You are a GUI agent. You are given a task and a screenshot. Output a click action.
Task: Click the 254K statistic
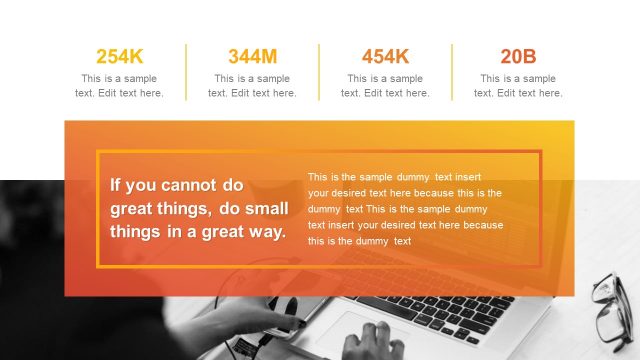tap(119, 56)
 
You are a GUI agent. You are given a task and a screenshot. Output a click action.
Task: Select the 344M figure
tap(252, 56)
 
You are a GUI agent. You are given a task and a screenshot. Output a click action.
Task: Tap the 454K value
tap(385, 56)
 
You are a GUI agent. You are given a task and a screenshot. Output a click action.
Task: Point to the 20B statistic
tap(518, 56)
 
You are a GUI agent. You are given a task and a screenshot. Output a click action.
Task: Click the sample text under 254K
tap(119, 86)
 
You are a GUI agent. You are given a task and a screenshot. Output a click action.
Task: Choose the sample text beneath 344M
tap(252, 86)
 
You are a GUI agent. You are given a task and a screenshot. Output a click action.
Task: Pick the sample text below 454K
tap(385, 86)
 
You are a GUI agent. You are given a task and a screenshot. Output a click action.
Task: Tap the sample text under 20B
tap(518, 86)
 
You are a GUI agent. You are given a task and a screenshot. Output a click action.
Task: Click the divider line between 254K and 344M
tap(186, 72)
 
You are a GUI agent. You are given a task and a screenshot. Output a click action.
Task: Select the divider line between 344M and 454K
tap(319, 72)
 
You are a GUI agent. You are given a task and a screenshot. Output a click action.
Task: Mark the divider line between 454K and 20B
tap(452, 72)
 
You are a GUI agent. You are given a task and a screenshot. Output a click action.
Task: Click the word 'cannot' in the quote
tap(190, 185)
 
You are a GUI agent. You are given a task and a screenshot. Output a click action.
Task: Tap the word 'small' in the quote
tap(267, 209)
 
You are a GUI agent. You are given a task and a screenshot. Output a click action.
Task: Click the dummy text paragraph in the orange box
tap(405, 208)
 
